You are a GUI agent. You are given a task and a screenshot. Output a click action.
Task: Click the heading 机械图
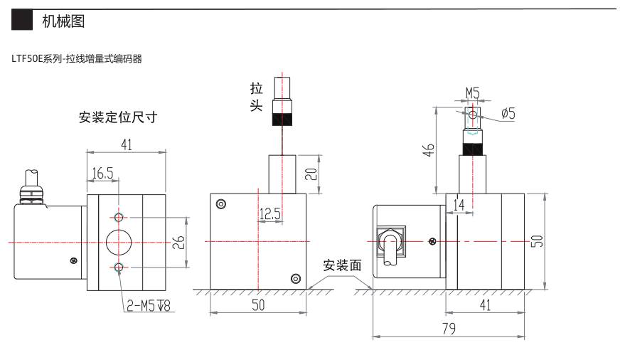63,22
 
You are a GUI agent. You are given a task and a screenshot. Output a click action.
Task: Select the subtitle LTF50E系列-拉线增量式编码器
77,59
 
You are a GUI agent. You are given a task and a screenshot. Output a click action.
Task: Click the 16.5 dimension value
102,173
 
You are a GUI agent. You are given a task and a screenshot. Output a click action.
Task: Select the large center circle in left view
119,242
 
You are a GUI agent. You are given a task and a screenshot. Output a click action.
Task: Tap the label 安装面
343,266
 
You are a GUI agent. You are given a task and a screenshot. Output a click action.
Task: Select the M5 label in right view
473,92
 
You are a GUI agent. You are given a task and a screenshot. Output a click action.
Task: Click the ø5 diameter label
508,113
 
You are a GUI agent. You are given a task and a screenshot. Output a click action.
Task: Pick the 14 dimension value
459,203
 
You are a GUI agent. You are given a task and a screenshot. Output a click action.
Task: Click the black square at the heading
23,22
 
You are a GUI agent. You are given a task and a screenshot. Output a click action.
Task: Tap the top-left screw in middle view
221,204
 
